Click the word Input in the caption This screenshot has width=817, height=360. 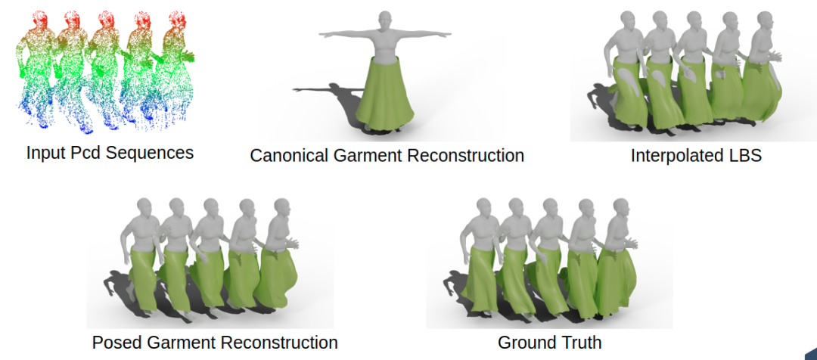pyautogui.click(x=44, y=153)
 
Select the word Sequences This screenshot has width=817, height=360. pyautogui.click(x=150, y=153)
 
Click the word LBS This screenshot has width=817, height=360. pyautogui.click(x=745, y=157)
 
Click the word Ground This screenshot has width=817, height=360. pyautogui.click(x=523, y=343)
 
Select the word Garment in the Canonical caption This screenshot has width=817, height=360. pyautogui.click(x=367, y=157)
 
